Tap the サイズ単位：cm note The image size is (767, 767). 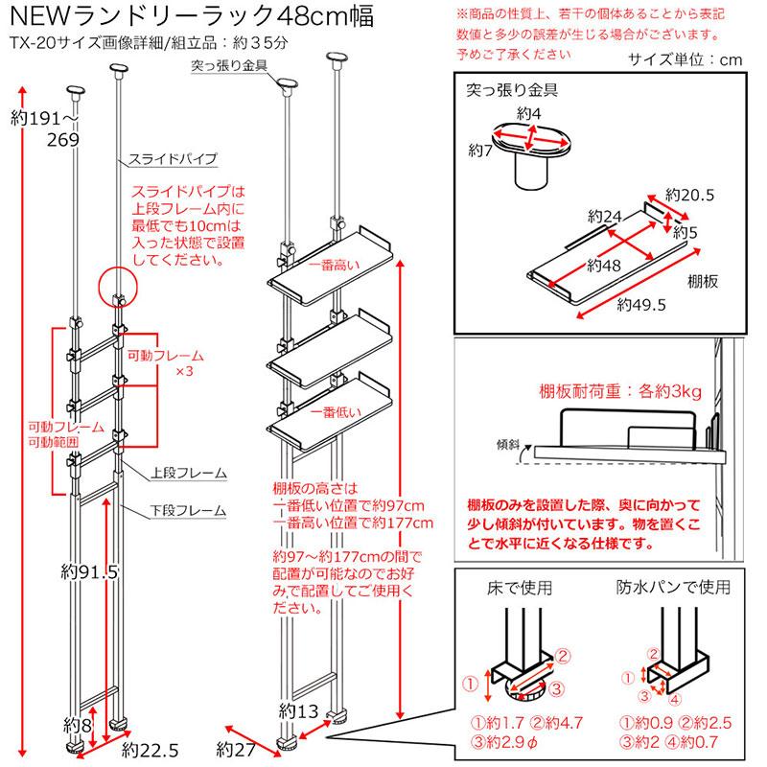pos(686,59)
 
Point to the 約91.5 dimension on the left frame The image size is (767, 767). pos(85,572)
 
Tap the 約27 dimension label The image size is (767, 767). pos(235,749)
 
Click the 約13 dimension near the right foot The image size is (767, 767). pos(300,710)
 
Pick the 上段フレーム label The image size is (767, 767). pos(189,473)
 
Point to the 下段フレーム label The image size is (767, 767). pos(189,510)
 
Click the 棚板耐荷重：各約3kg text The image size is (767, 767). pos(620,391)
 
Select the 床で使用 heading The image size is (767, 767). pos(518,585)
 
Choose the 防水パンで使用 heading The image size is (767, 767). pos(672,585)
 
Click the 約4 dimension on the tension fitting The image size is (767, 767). pos(529,114)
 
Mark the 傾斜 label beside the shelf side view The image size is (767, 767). pos(508,444)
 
